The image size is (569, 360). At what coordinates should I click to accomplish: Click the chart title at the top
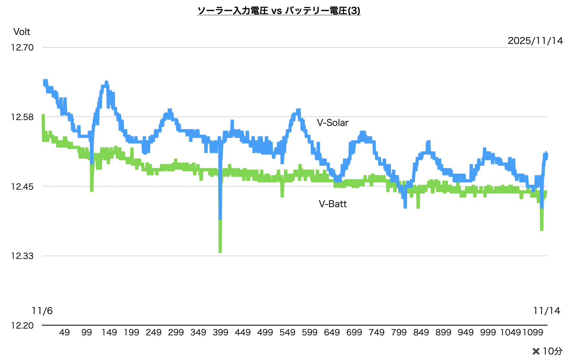(x=279, y=11)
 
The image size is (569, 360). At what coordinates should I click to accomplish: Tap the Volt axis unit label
(x=22, y=32)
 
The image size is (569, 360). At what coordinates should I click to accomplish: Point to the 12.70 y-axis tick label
(x=22, y=48)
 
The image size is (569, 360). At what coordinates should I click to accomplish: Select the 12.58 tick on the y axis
(x=22, y=117)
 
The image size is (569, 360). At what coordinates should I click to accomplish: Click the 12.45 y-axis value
(x=22, y=186)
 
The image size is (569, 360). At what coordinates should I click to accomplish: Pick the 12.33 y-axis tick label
(x=22, y=256)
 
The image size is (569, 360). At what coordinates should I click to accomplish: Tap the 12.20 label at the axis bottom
(x=22, y=325)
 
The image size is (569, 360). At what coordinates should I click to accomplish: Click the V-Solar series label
(x=332, y=123)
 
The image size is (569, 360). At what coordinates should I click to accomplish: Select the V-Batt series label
(x=332, y=204)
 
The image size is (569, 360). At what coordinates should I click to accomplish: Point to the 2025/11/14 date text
(x=535, y=41)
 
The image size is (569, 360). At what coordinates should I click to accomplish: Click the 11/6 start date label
(x=42, y=311)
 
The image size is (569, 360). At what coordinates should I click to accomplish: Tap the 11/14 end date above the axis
(x=547, y=311)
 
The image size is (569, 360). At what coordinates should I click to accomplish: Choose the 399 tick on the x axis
(x=220, y=332)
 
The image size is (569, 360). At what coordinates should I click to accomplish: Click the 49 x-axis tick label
(x=64, y=332)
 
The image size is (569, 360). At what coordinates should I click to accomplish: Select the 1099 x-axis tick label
(x=533, y=332)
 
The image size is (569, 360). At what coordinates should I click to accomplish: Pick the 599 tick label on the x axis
(x=310, y=332)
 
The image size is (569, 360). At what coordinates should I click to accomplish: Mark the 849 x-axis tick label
(x=421, y=332)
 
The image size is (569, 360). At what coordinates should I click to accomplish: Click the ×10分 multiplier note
(x=547, y=351)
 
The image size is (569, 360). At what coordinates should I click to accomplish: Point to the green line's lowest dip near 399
(x=220, y=251)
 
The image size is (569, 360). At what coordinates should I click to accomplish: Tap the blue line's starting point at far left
(x=44, y=82)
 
